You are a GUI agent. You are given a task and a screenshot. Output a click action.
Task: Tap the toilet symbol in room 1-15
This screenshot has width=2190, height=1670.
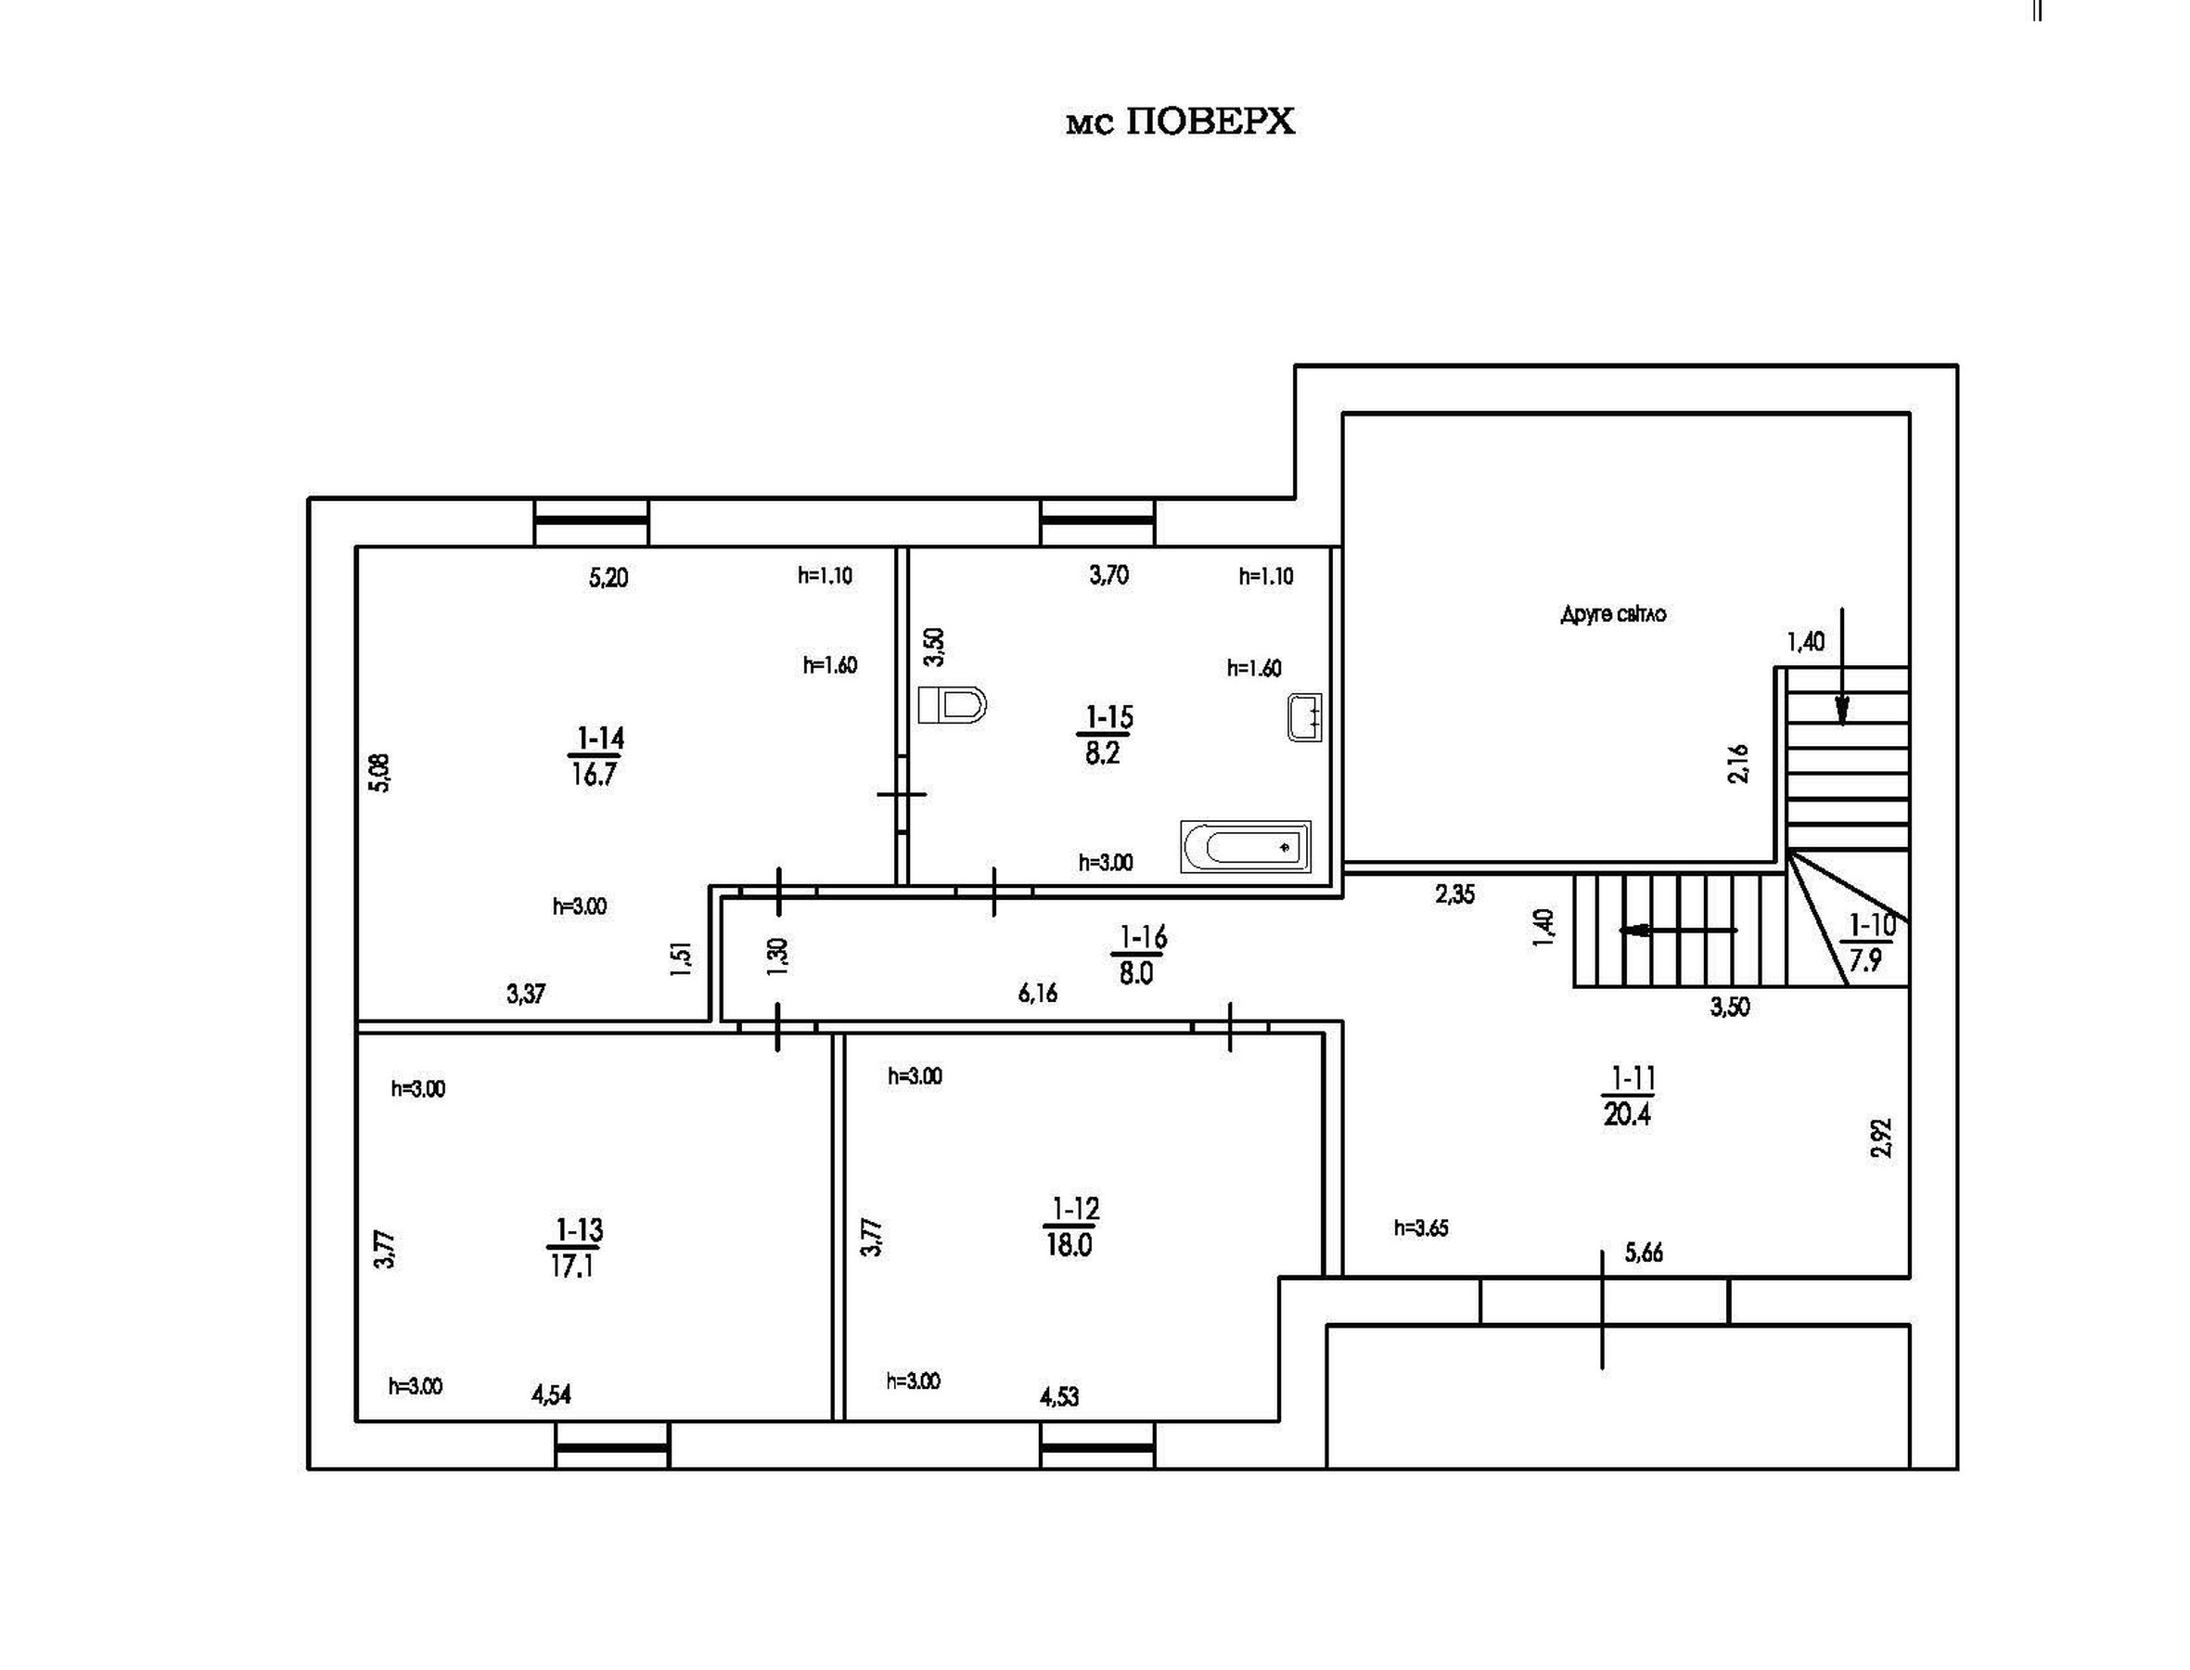coord(951,704)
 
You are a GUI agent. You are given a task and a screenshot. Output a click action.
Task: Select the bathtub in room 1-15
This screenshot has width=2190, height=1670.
coord(1245,847)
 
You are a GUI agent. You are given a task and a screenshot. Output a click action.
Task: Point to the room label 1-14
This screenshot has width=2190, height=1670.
coord(600,739)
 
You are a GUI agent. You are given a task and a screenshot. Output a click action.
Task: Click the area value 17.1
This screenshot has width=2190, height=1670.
coord(572,1265)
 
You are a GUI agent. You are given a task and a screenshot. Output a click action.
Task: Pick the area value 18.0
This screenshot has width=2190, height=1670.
coord(1069,1244)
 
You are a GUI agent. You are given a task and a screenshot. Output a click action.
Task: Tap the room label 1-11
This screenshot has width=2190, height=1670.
coord(1632,1077)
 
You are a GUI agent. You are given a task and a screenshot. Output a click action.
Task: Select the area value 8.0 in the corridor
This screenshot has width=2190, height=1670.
coord(1135,973)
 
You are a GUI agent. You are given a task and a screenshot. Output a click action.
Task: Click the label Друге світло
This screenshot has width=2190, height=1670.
coord(1613,614)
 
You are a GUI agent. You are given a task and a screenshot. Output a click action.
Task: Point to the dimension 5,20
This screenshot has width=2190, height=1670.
coord(608,577)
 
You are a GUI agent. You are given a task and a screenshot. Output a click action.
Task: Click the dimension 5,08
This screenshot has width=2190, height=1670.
coord(379,772)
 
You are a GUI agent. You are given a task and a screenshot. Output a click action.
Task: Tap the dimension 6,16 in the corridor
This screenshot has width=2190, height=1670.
coord(1037,993)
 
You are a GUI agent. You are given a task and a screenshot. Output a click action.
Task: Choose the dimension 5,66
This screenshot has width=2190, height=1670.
coord(1644,1252)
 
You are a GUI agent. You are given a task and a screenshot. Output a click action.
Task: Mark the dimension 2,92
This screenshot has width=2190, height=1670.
coord(1881,1138)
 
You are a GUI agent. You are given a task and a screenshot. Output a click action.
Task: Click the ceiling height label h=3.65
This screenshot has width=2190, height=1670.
coord(1421,1227)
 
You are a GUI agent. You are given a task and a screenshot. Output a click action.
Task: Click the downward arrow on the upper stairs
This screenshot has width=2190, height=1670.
coord(1841,666)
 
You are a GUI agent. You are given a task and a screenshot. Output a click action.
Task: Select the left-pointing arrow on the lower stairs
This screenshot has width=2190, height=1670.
coord(1678,931)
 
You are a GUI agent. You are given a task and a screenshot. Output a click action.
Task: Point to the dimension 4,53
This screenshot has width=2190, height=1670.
coord(1059,1396)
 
